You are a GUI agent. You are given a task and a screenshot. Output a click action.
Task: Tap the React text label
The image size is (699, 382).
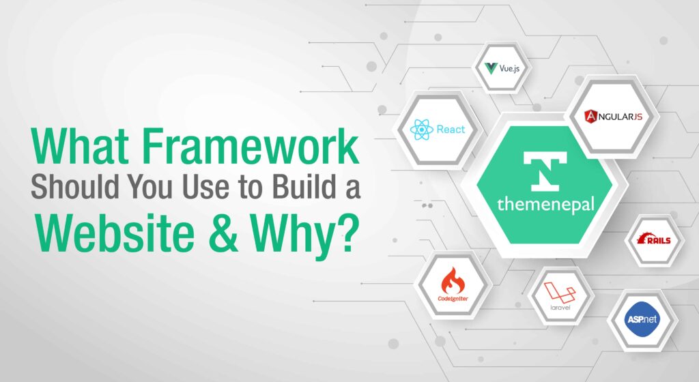(x=451, y=129)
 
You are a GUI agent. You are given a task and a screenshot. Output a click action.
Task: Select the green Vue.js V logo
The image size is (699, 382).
(x=490, y=68)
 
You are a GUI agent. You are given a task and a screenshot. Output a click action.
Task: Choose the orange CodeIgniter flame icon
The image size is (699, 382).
(x=453, y=280)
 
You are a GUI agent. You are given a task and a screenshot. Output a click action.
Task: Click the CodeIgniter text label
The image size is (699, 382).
(x=453, y=298)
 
